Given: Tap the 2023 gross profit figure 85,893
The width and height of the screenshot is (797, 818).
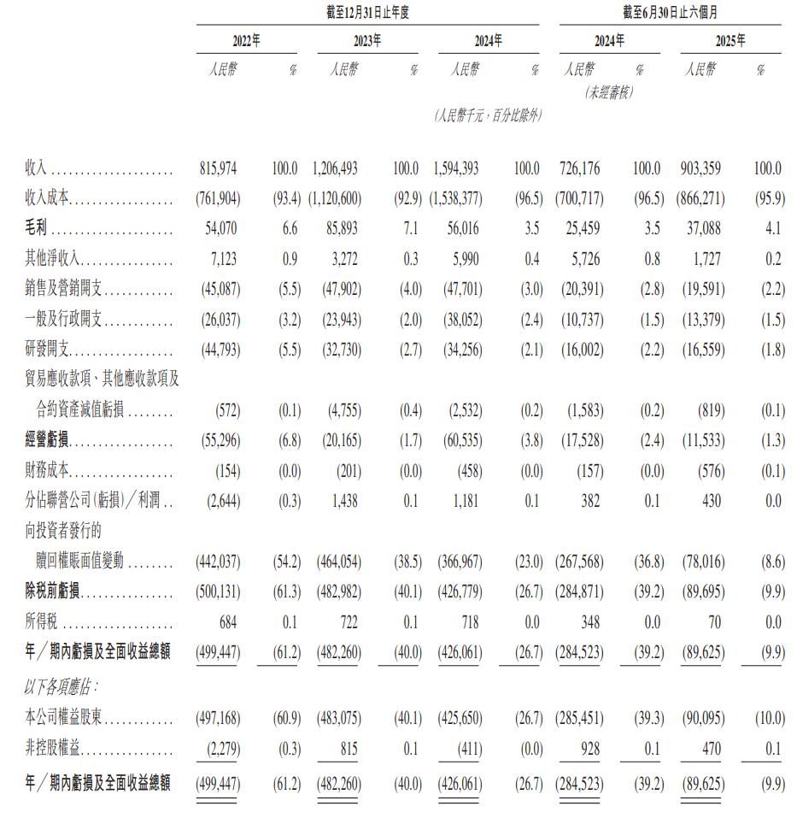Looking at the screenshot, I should tap(341, 230).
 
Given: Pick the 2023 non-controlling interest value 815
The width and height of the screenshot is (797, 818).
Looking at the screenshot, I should tap(349, 750).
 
